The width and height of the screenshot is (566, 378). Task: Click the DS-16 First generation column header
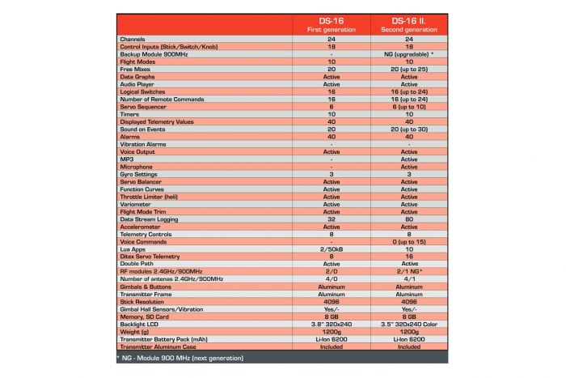click(332, 23)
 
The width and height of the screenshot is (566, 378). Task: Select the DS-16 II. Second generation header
click(409, 23)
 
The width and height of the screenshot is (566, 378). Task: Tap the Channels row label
click(133, 39)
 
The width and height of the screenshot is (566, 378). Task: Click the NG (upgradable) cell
click(409, 53)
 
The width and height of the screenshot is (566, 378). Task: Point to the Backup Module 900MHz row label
click(158, 53)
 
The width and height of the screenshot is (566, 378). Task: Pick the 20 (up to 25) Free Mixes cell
click(409, 69)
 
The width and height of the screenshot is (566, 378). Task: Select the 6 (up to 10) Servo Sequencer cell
click(409, 107)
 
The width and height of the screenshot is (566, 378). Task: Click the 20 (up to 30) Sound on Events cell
click(409, 130)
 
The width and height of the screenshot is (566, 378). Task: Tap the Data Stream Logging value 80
click(409, 219)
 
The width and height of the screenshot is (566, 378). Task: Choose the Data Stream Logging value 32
click(332, 219)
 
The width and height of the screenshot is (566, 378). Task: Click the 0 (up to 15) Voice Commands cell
click(409, 241)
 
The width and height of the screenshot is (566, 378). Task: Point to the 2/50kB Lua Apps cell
click(332, 248)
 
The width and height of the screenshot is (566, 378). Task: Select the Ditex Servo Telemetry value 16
click(409, 257)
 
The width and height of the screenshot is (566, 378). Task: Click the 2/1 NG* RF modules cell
click(409, 271)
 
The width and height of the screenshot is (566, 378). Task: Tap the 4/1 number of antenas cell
click(409, 278)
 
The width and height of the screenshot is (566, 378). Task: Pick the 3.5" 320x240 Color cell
click(409, 324)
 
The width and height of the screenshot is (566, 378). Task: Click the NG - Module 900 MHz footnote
click(178, 357)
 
